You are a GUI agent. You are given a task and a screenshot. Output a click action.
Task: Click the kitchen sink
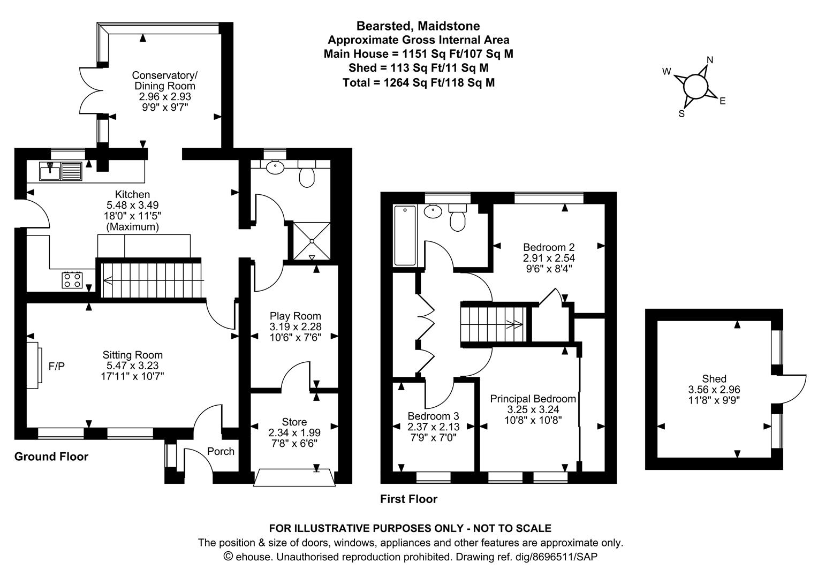click(x=60, y=171)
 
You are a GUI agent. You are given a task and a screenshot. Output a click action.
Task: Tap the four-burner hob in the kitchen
click(x=72, y=280)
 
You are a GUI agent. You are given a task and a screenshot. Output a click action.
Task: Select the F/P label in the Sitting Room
click(x=57, y=366)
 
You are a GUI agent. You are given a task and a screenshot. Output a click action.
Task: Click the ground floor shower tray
click(x=312, y=241)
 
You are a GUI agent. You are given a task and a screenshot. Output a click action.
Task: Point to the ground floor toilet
click(x=307, y=173)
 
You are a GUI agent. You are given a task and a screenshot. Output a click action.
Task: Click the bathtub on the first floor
click(x=405, y=235)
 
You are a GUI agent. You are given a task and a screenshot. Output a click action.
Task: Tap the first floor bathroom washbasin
click(x=433, y=211)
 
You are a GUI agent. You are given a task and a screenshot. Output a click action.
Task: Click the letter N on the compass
click(x=710, y=60)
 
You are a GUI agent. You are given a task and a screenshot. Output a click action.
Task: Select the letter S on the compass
click(x=681, y=114)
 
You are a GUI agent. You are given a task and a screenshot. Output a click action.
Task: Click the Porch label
click(x=221, y=451)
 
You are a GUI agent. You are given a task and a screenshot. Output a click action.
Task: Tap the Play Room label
click(x=295, y=316)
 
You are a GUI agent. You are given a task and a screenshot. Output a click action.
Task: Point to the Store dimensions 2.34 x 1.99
click(x=294, y=432)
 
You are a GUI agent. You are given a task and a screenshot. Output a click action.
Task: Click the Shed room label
click(x=714, y=378)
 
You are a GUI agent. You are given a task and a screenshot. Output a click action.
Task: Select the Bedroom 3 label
click(x=433, y=416)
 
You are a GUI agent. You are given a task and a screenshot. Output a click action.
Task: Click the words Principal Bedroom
click(x=533, y=399)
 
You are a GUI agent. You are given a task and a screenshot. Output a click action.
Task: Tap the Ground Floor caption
click(x=51, y=457)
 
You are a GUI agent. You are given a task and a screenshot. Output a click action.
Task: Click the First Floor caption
click(x=408, y=499)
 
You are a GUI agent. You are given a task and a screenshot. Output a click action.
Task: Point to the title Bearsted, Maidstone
click(x=418, y=26)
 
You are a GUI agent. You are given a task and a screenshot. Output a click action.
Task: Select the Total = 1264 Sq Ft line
click(x=419, y=82)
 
